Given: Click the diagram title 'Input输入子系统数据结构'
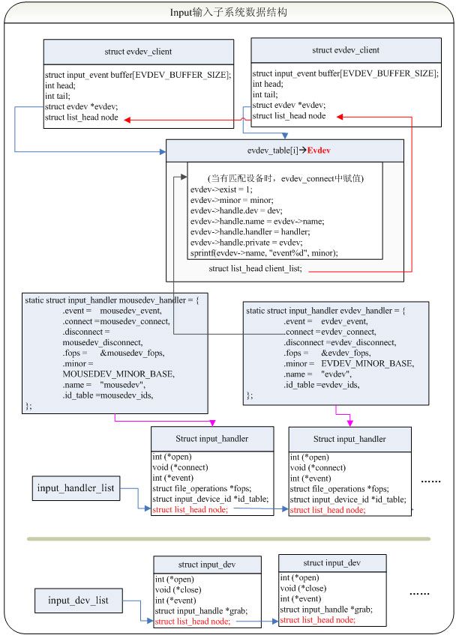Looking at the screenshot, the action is (x=228, y=13).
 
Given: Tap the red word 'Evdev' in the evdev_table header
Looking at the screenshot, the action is (x=319, y=151).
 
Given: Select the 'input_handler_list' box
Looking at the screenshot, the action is (x=76, y=487).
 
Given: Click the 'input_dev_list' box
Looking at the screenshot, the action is (x=78, y=600).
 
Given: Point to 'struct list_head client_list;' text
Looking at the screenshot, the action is (x=255, y=269).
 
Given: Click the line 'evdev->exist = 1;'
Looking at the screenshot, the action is (x=221, y=189).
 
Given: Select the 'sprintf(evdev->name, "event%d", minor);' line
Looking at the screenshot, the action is (x=264, y=253).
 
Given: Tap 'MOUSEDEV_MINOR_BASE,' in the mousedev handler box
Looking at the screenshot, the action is (x=118, y=374).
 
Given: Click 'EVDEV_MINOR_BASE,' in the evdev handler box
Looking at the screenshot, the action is (x=367, y=363).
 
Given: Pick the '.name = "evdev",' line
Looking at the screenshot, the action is (x=317, y=374).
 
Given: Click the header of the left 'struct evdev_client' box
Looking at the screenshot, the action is (x=139, y=52).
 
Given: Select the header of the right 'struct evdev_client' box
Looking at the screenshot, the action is (x=346, y=50).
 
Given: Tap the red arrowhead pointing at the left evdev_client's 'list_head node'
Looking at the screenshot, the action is (x=127, y=120).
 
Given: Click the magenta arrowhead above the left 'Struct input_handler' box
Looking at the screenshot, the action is (x=212, y=424).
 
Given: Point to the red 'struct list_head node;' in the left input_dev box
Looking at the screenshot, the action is (x=193, y=622).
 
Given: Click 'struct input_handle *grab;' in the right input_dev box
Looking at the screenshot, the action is (x=326, y=610).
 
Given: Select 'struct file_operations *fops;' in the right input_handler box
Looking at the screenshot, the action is (x=340, y=489).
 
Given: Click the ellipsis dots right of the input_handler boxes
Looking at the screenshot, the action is (x=430, y=481).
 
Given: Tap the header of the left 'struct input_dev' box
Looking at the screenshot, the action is (x=208, y=565).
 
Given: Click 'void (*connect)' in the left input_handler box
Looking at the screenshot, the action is (x=180, y=467).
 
